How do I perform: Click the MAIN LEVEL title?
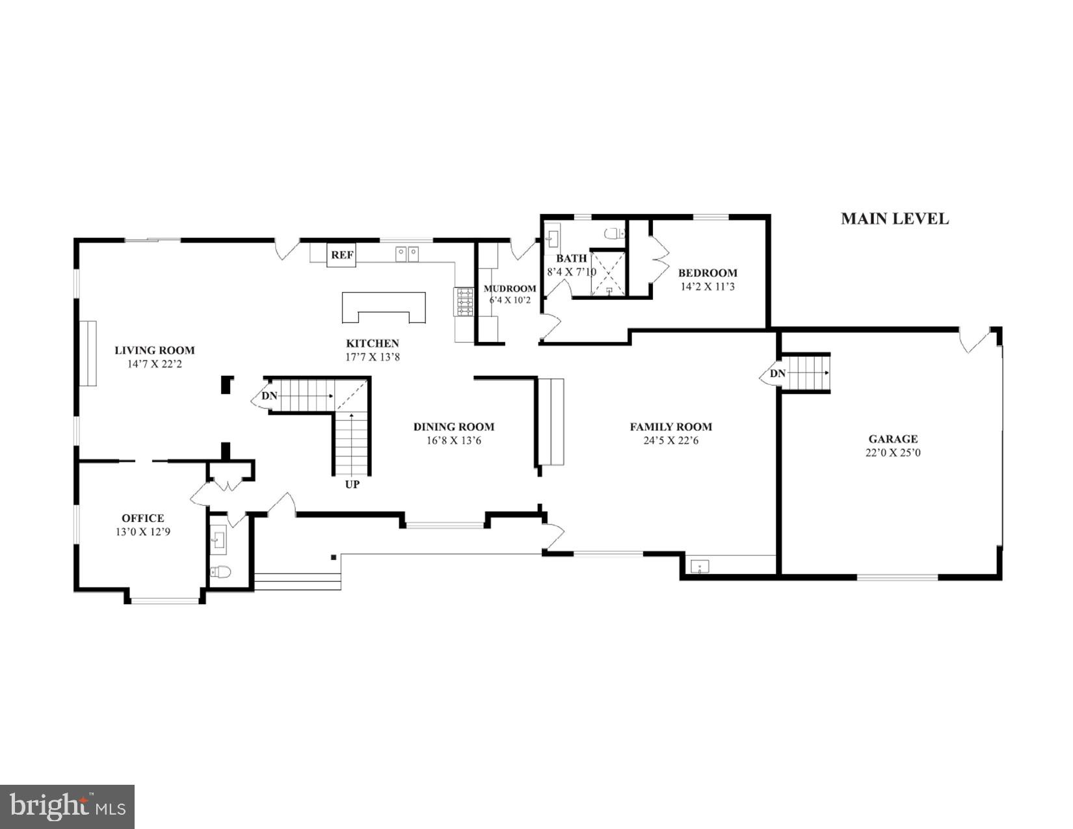[894, 218]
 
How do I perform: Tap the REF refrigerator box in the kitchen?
[342, 255]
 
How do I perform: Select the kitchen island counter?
[384, 306]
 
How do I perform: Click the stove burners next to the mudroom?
[464, 302]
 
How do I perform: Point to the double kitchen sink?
[408, 252]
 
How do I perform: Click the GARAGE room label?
[892, 439]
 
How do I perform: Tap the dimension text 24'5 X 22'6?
[670, 441]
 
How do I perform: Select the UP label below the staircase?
[352, 484]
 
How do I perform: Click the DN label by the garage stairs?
[778, 373]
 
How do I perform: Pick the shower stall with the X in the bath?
[608, 272]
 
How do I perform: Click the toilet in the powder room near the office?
[221, 572]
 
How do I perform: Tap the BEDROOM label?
[708, 273]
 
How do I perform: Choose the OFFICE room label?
[142, 518]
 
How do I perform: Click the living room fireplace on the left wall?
[88, 353]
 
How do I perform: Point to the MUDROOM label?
[510, 289]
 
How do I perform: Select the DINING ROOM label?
[453, 427]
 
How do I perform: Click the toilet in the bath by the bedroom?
[613, 233]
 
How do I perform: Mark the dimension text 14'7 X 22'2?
[155, 364]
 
